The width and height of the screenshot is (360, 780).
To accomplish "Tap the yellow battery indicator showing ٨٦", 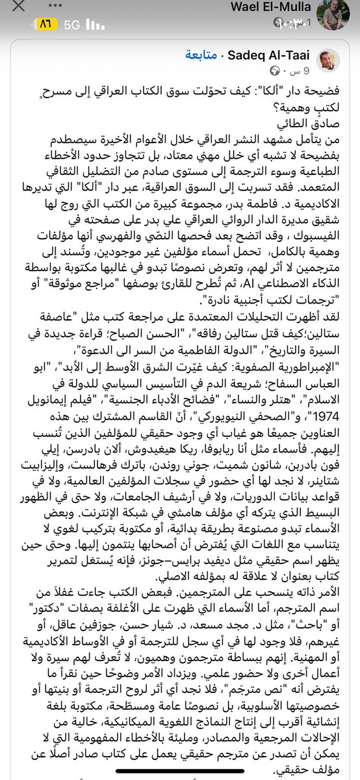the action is (x=46, y=24).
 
